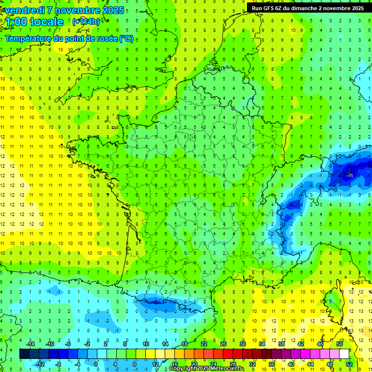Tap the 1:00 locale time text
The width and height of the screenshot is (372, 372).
click(34, 22)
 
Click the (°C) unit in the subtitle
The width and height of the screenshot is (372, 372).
click(126, 39)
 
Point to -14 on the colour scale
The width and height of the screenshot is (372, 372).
click(30, 344)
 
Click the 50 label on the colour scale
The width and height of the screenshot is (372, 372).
click(340, 344)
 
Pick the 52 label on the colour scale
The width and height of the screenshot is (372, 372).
click(349, 364)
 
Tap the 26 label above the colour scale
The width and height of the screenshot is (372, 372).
click(223, 344)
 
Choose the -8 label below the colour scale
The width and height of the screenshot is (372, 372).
click(59, 364)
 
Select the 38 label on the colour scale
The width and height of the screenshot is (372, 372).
click(281, 344)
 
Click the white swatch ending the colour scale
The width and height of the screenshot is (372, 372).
click(344, 354)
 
